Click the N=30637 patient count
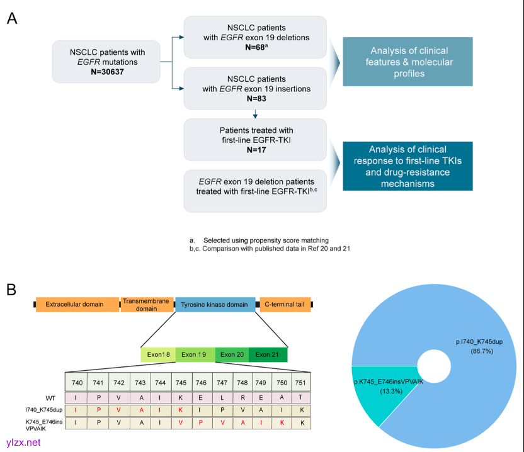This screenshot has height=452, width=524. [x=105, y=72]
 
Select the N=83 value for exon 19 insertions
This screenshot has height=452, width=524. [x=255, y=99]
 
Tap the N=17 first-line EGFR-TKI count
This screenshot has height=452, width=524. [x=255, y=150]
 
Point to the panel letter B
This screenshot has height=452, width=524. [x=11, y=290]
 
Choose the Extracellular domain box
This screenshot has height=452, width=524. [x=77, y=305]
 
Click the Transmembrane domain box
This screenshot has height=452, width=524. [x=147, y=305]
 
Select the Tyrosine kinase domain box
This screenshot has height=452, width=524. [x=215, y=305]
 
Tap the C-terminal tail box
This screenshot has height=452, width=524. [x=284, y=305]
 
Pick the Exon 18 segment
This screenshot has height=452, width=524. [x=157, y=354]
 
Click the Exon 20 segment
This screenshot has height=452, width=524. [x=232, y=354]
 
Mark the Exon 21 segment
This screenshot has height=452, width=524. [x=268, y=354]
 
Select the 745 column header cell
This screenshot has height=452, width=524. [x=180, y=382]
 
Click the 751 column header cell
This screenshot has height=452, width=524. [x=302, y=382]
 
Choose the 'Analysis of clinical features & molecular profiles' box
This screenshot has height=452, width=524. [x=407, y=62]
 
